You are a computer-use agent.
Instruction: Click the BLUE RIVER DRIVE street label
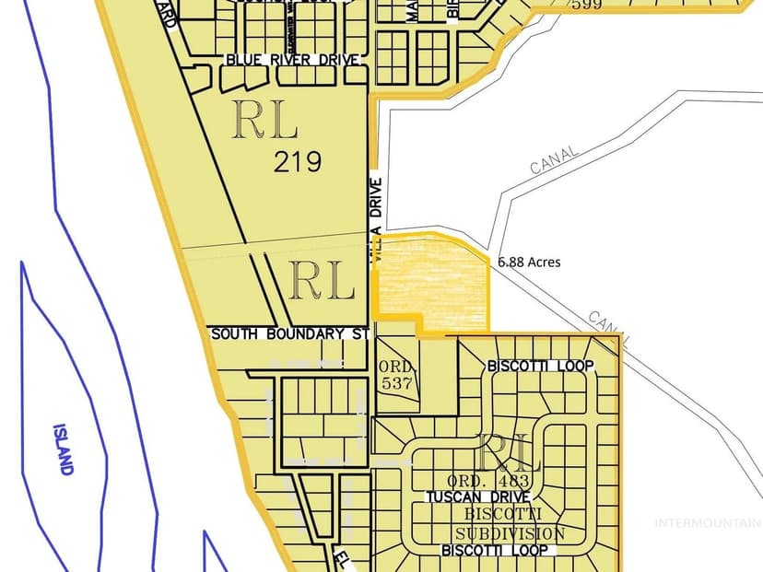pyautogui.click(x=289, y=59)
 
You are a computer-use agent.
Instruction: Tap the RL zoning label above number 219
pyautogui.click(x=264, y=121)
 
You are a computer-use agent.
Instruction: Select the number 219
pyautogui.click(x=298, y=162)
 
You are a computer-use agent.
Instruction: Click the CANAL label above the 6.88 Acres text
pyautogui.click(x=554, y=159)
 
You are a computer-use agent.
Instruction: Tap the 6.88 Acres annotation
pyautogui.click(x=529, y=262)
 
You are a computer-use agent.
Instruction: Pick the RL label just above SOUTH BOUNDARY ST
pyautogui.click(x=322, y=281)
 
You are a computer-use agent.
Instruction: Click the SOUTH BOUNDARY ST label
pyautogui.click(x=289, y=333)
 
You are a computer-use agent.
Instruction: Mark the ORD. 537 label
pyautogui.click(x=397, y=374)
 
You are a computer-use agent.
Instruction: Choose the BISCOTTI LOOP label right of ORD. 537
pyautogui.click(x=539, y=366)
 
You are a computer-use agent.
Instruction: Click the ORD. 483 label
pyautogui.click(x=488, y=481)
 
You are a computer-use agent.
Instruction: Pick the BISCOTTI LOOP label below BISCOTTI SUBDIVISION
pyautogui.click(x=494, y=550)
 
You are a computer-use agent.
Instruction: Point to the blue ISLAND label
pyautogui.click(x=62, y=449)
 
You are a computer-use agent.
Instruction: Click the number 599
pyautogui.click(x=586, y=6)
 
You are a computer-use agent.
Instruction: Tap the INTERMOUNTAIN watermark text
pyautogui.click(x=708, y=523)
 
